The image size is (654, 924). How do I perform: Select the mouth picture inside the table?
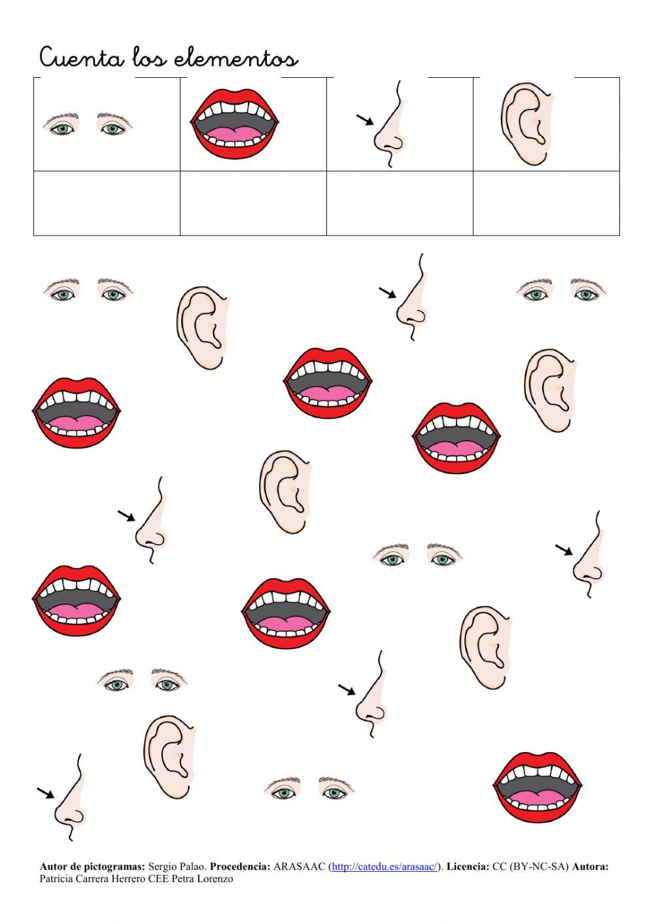pos(235,124)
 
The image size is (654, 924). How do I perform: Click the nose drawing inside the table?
pos(391,128)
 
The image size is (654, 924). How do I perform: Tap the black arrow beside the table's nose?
pos(364,119)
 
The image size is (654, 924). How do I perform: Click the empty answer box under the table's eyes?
pos(107,203)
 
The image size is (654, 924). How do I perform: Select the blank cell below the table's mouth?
pos(253,203)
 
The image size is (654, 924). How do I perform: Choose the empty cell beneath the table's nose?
pos(400,203)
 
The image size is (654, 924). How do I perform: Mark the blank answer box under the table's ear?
pos(546,203)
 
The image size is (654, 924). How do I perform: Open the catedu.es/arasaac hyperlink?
pos(384,867)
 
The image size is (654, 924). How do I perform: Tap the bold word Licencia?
pos(468,867)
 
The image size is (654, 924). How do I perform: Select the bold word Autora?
pos(590,867)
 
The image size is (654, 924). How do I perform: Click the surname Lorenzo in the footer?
pos(214,879)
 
